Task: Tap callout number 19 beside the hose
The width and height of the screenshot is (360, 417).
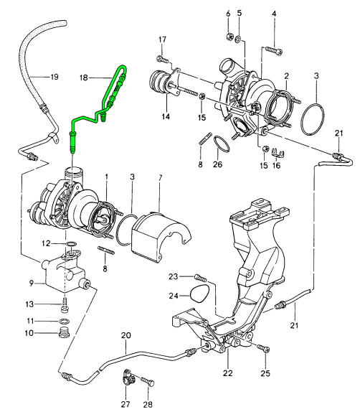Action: pyautogui.click(x=54, y=77)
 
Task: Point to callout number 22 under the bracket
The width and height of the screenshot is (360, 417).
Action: pyautogui.click(x=228, y=373)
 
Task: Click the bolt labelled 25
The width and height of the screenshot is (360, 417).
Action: pyautogui.click(x=264, y=348)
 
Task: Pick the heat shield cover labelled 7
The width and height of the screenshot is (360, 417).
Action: pyautogui.click(x=161, y=236)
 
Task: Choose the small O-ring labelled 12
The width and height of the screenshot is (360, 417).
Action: pyautogui.click(x=71, y=243)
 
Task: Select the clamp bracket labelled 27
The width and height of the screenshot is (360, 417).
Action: pyautogui.click(x=128, y=376)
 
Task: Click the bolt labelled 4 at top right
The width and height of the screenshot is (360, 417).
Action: pyautogui.click(x=274, y=50)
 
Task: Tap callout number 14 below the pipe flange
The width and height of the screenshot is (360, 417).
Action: pyautogui.click(x=166, y=116)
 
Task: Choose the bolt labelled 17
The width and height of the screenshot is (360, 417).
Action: pyautogui.click(x=163, y=59)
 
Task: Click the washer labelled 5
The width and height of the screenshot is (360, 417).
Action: pyautogui.click(x=238, y=39)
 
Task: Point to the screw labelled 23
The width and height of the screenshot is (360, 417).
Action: pyautogui.click(x=200, y=278)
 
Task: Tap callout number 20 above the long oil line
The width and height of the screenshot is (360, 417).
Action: pyautogui.click(x=126, y=335)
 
